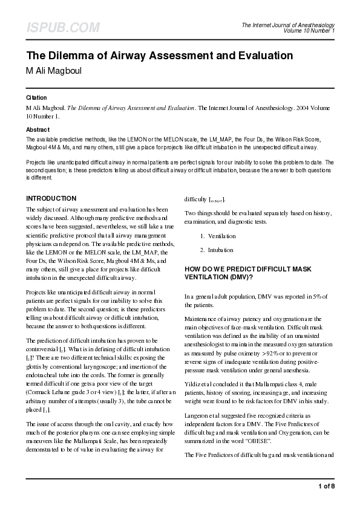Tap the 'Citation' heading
37,97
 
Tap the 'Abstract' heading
38,130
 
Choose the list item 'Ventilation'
221,236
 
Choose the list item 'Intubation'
220,249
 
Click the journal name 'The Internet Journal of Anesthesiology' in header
288,25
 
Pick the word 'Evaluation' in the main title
260,56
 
